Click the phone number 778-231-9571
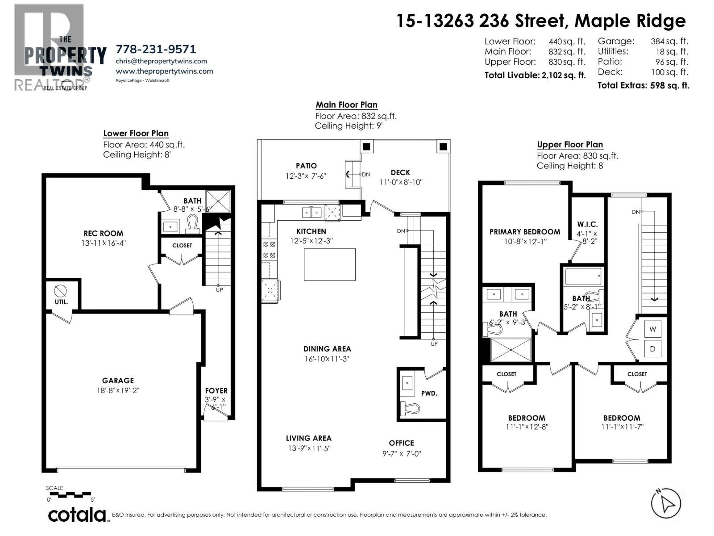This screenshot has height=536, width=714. pos(156,49)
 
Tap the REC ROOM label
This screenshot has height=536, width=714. pos(103,233)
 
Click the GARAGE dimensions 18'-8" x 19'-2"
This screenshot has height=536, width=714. pos(118,390)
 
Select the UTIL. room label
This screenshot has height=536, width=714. pos(61,302)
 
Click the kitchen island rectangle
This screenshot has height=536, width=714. pos(329,264)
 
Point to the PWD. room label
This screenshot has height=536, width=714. pos(429,393)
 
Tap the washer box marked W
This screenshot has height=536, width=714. pos(652,329)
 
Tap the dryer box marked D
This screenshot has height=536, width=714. pos(652,349)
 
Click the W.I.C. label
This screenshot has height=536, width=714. pos(587,224)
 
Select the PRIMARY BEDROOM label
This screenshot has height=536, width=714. pos(524,231)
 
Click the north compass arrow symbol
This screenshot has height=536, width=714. pos(666,503)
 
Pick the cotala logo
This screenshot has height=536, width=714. pos(77,515)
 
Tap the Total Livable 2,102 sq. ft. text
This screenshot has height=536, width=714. pos(535,75)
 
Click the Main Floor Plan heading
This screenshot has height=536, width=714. pos(346,105)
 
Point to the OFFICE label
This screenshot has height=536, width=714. pos(401,443)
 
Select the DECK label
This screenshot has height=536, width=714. pos(400,172)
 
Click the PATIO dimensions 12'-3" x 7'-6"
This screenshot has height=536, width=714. pos(306,176)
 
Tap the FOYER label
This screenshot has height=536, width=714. pos(216,390)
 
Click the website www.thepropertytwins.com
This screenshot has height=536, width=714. pos(164,71)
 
